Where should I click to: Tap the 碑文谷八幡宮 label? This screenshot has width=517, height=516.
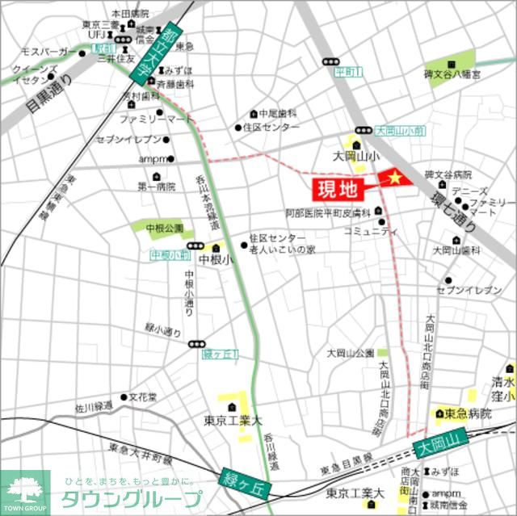(452, 75)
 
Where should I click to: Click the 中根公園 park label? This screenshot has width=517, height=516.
(164, 229)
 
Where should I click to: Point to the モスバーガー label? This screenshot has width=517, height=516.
(48, 52)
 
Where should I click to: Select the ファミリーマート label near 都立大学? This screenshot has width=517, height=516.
(156, 118)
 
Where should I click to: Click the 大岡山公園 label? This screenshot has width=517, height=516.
(350, 353)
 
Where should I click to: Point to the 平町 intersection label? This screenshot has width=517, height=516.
(348, 72)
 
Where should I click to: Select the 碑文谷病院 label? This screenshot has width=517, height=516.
(448, 174)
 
